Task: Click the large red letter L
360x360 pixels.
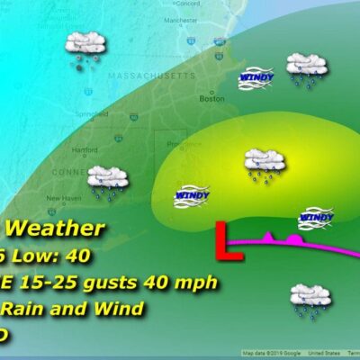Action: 233,243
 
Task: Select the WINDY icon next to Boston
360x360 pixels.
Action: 255,81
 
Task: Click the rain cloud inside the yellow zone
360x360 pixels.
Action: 265,164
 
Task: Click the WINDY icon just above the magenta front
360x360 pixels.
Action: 316,216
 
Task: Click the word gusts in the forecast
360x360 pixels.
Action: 119,283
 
